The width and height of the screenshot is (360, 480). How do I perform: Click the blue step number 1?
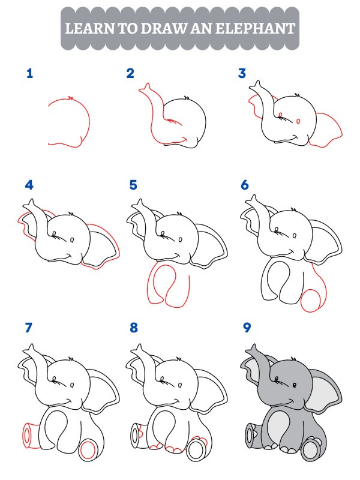tap(29, 74)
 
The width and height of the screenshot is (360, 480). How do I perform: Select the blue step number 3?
tap(242, 74)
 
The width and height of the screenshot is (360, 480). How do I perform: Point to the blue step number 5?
tap(133, 185)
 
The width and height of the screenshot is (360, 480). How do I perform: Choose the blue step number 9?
tap(246, 328)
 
